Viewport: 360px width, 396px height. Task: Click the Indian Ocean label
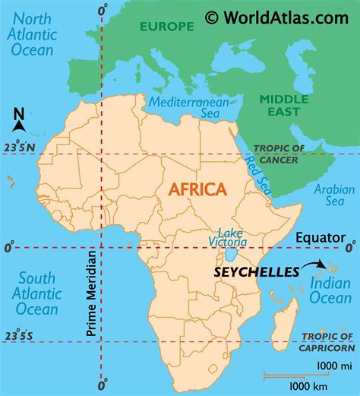pos(330,291)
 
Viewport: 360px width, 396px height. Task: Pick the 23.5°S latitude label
pos(19,335)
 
